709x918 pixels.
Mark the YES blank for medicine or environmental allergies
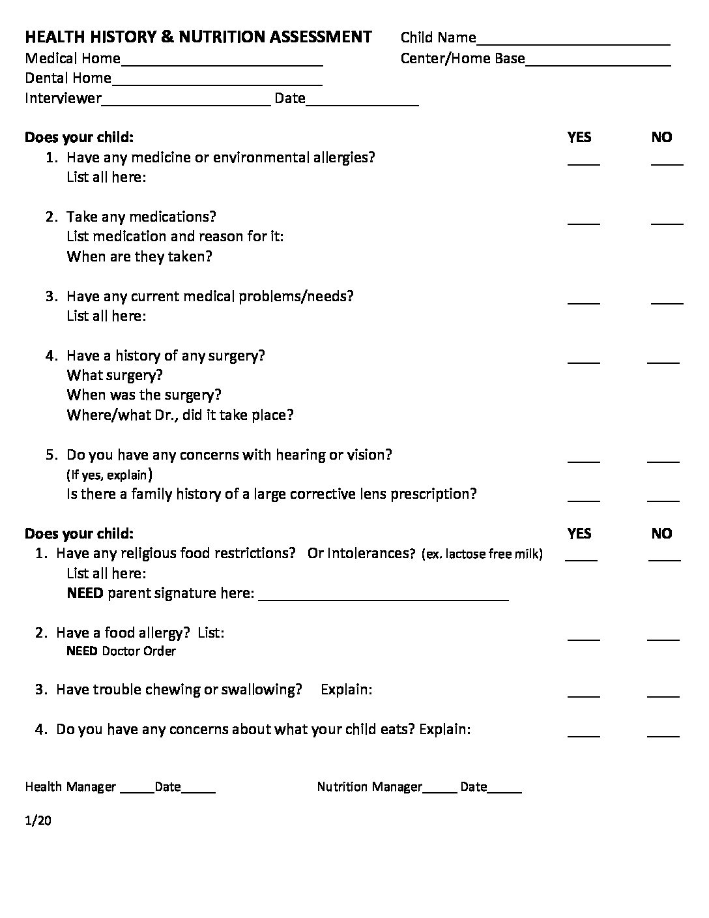(583, 162)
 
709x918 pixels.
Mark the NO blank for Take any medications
(667, 222)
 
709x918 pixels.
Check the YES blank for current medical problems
(583, 301)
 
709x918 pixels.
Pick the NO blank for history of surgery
(663, 360)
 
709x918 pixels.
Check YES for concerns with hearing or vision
(583, 460)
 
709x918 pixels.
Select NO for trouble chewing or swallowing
(663, 694)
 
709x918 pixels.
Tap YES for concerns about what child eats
(583, 734)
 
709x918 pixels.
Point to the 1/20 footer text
(38, 820)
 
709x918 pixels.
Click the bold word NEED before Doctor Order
(82, 651)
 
